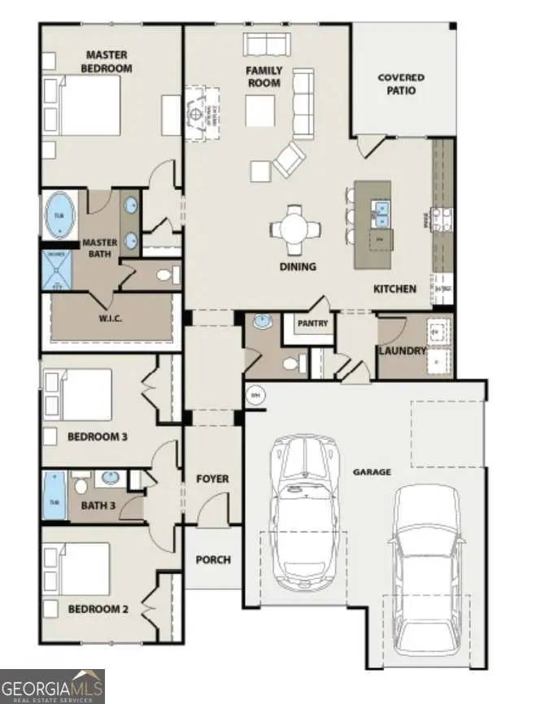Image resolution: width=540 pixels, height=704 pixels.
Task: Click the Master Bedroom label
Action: point(107,62)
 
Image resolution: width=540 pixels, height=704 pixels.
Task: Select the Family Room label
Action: point(263,76)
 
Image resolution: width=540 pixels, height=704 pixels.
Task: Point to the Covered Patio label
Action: point(401,84)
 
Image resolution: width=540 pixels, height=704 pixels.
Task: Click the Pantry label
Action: point(312,324)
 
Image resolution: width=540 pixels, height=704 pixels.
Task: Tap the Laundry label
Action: point(402,351)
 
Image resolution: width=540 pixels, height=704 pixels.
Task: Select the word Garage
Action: point(372,472)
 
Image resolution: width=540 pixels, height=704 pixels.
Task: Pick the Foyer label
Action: point(212,479)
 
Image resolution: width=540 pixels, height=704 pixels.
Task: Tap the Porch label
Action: point(213,559)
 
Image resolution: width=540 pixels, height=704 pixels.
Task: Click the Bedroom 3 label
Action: point(97,437)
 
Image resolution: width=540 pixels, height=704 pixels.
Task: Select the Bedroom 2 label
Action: point(97,609)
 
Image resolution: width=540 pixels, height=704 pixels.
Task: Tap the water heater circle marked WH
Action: point(255,397)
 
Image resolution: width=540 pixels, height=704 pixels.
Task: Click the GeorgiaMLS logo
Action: point(53,685)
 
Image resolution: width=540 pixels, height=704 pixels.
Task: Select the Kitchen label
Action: point(394,289)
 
